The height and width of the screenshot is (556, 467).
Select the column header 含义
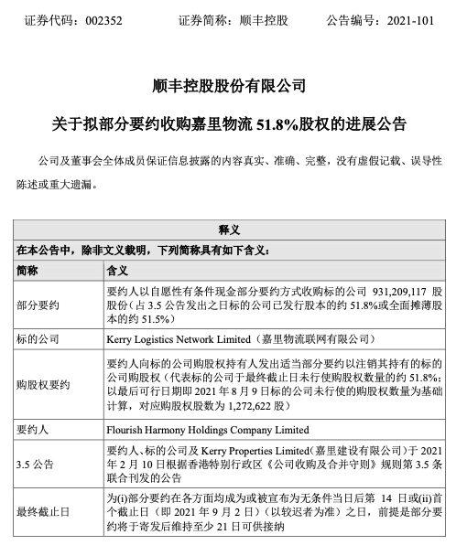119,270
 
